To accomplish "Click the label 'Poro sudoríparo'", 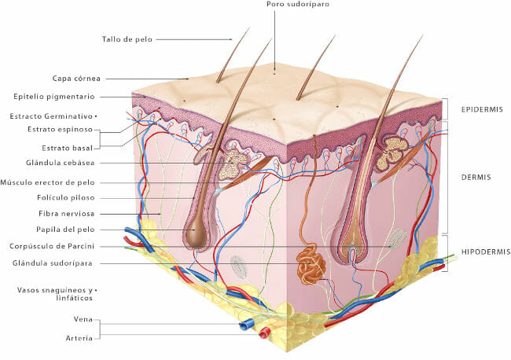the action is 297,4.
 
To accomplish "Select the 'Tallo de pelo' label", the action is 127,39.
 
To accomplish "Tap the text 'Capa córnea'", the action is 76,79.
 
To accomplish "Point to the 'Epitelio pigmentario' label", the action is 54,97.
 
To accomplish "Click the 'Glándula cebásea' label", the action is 61,163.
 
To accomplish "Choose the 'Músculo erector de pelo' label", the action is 48,182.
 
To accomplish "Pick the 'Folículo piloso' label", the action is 66,198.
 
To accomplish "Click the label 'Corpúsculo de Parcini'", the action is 52,246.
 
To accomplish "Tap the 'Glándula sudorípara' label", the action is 53,263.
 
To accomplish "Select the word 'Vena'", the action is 83,319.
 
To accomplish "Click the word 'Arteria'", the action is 79,338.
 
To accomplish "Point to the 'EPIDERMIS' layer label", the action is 482,109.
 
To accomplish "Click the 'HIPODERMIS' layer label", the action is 486,252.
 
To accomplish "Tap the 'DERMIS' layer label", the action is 476,178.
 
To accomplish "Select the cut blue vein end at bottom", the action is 246,325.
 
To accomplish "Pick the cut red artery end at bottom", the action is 265,333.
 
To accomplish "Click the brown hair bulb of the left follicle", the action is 194,232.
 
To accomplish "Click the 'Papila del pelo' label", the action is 65,230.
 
